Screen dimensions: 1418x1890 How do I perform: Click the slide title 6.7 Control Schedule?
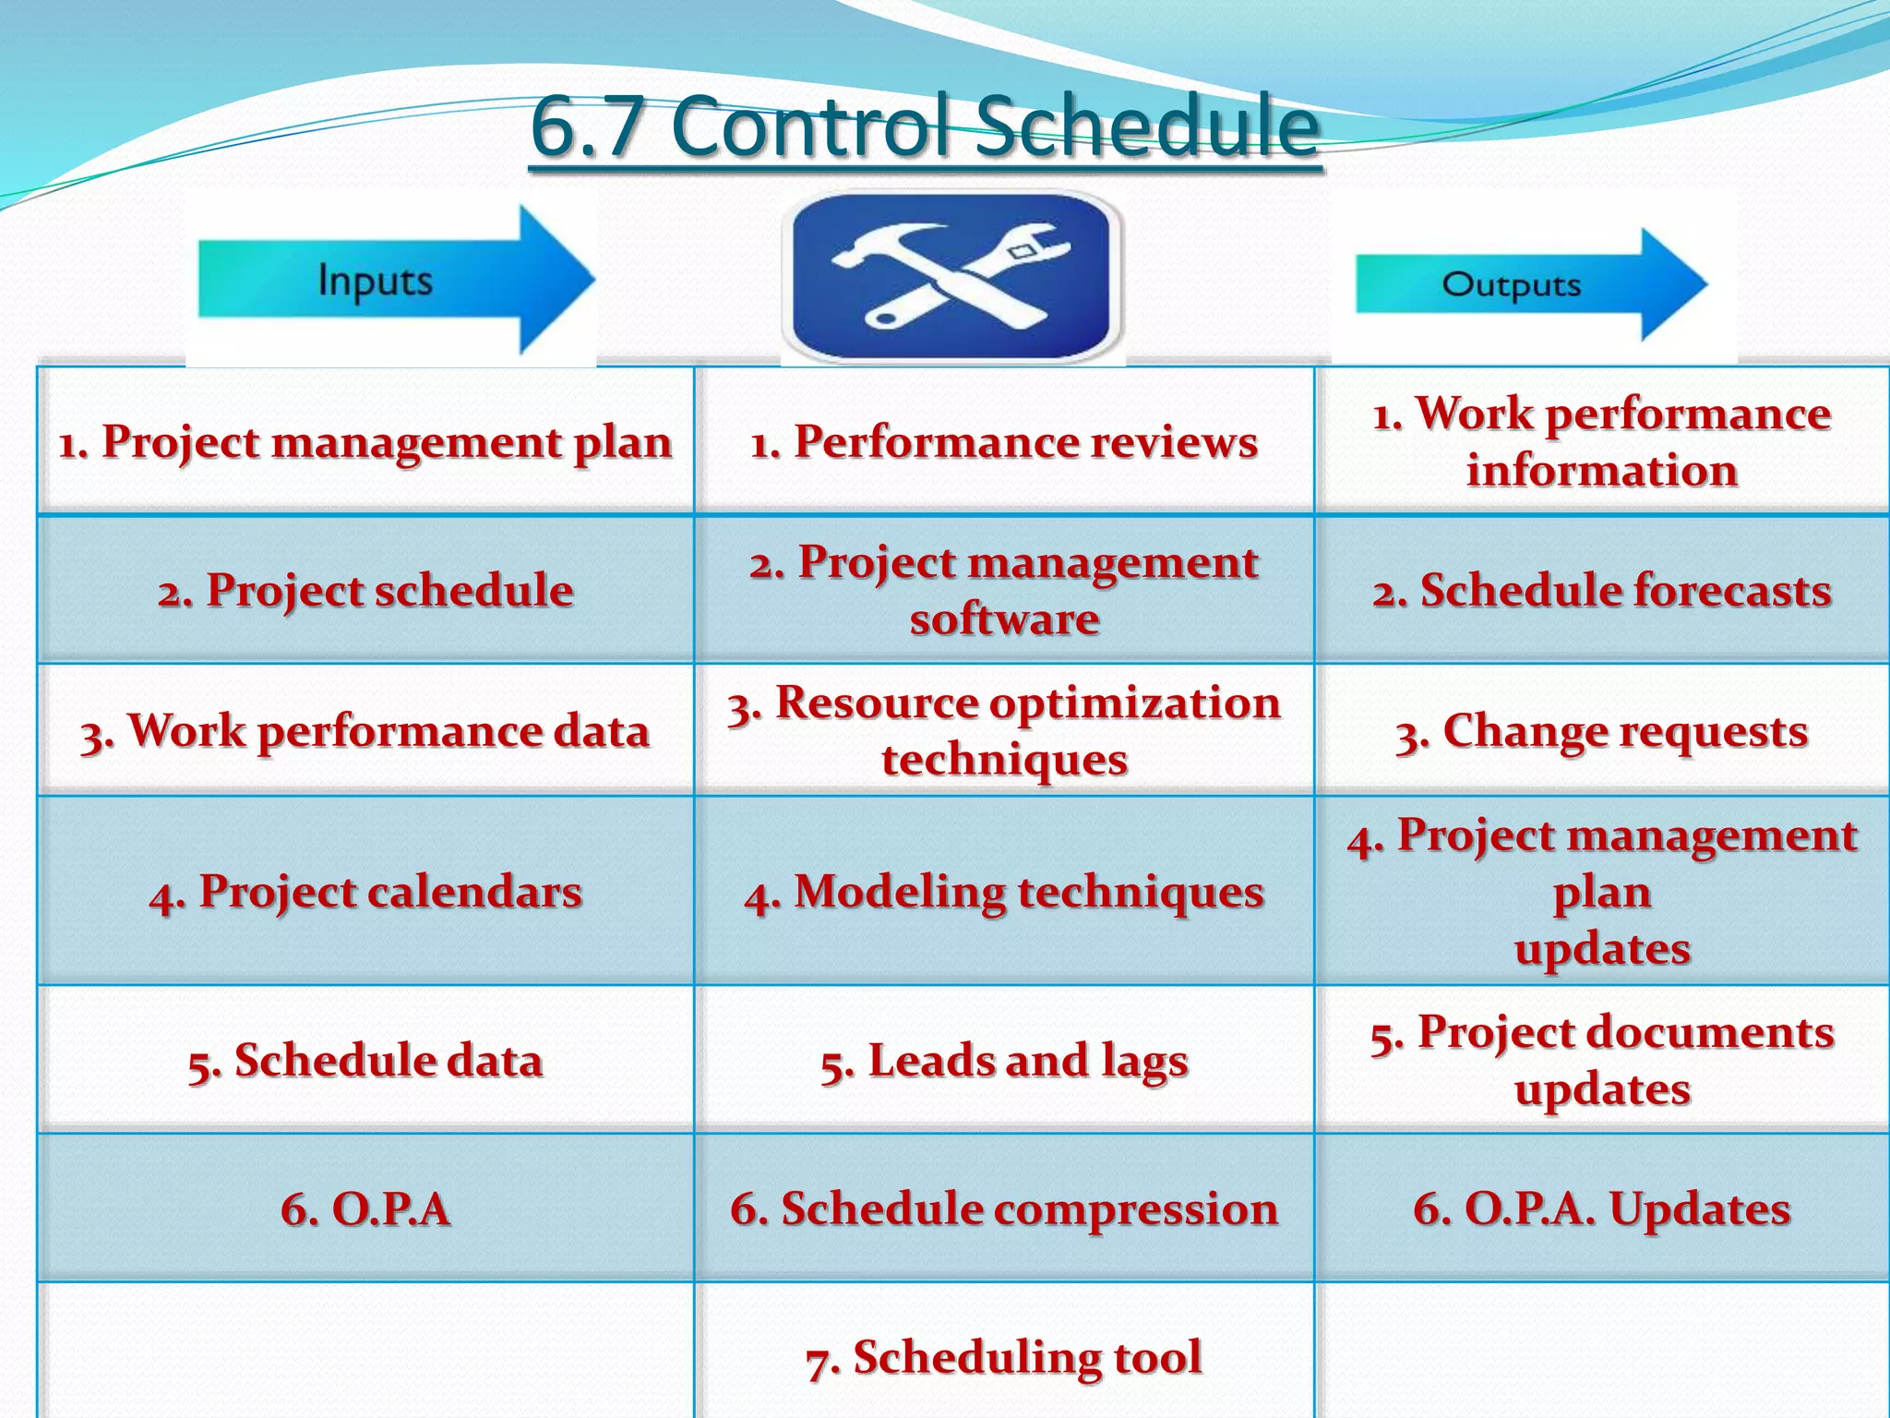(925, 126)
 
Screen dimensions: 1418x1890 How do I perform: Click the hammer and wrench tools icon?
(952, 276)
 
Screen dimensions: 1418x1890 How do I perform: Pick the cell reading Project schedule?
(365, 590)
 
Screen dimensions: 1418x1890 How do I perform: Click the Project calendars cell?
(365, 892)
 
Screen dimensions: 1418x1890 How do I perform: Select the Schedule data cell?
(365, 1060)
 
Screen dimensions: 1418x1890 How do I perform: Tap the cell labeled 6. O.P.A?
(365, 1208)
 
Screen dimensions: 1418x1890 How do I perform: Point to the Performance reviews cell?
(1004, 441)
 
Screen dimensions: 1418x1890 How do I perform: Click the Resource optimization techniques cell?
(1004, 730)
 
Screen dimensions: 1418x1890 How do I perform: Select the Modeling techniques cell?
(1004, 892)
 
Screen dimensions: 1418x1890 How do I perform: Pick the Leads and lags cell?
(1004, 1060)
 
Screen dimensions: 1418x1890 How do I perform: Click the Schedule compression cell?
(1004, 1208)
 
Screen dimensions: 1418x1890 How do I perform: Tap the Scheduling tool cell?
(1004, 1357)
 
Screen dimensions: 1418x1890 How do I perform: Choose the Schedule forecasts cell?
(1602, 590)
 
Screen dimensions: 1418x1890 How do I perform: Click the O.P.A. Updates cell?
(1602, 1208)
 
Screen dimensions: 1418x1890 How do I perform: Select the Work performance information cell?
(1602, 441)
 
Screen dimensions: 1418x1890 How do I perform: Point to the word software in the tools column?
(1004, 619)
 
